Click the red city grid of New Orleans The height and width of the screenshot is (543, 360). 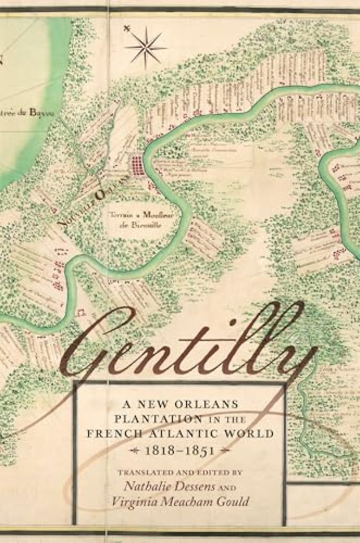(137, 166)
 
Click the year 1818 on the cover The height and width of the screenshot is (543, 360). (164, 450)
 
